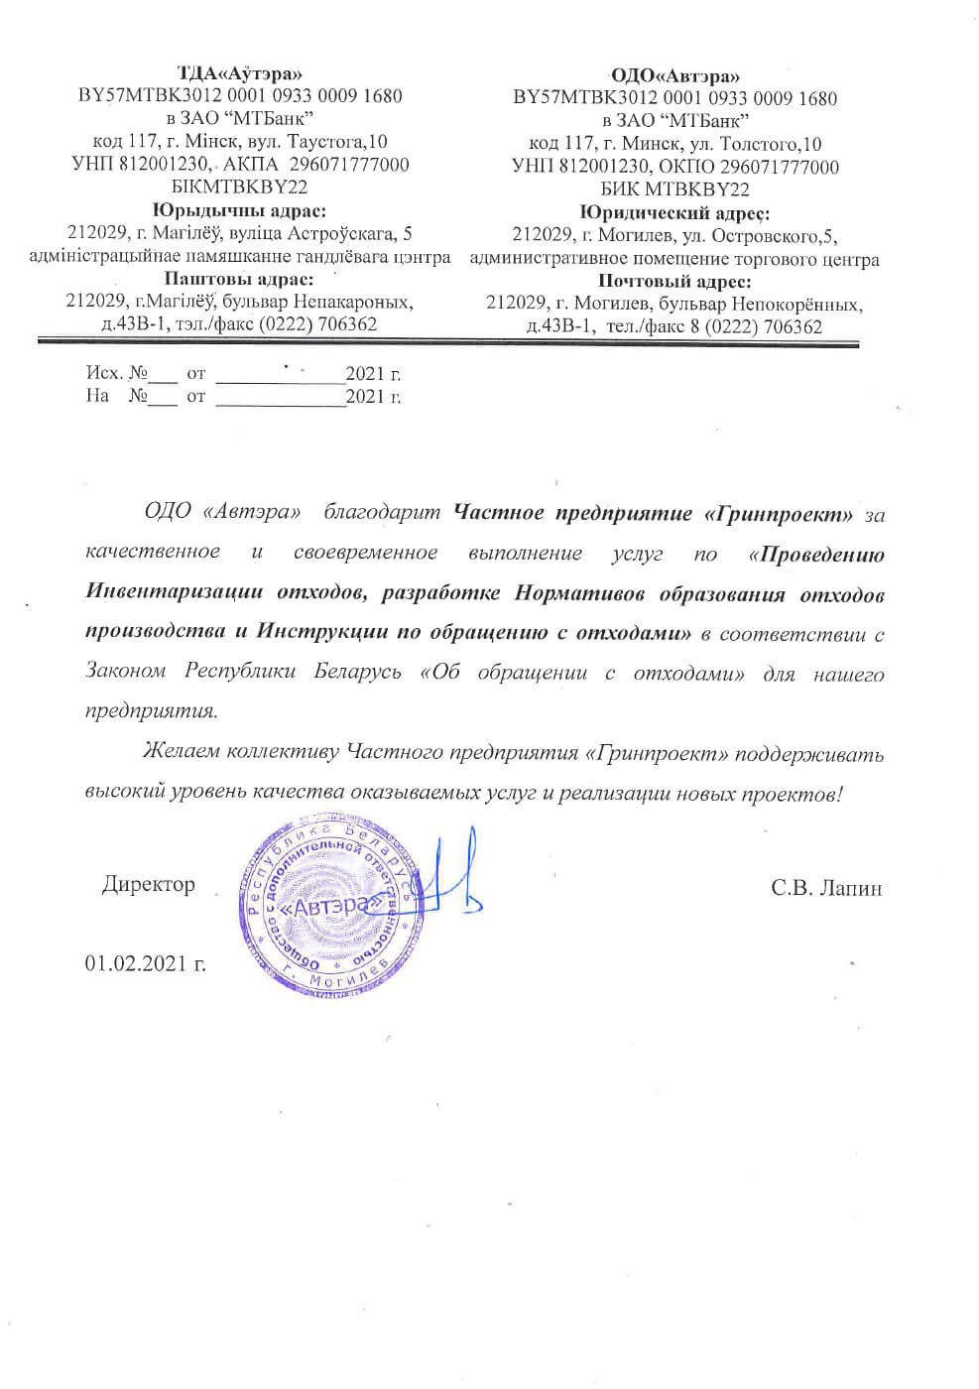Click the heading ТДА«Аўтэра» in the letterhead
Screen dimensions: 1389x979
point(240,73)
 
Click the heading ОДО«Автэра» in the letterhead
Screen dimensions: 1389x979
point(675,75)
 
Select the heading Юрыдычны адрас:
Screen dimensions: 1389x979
point(239,210)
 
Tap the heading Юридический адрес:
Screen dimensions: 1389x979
point(674,212)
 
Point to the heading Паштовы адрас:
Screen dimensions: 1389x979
point(239,279)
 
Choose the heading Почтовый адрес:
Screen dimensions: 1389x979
point(674,282)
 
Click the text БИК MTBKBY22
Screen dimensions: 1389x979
point(674,189)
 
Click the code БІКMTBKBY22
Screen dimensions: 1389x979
point(239,187)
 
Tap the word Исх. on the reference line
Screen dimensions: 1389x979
point(103,373)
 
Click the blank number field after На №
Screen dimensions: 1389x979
point(165,397)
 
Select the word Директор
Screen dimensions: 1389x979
point(149,884)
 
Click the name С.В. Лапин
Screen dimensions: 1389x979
point(826,888)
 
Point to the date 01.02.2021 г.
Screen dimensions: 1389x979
point(145,963)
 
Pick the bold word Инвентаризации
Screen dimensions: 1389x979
point(175,593)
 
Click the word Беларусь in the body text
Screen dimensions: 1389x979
point(357,672)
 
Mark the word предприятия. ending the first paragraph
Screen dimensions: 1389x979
point(151,711)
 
